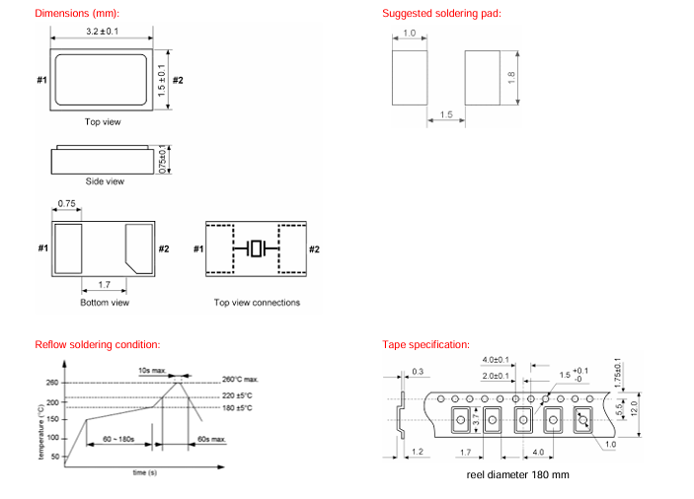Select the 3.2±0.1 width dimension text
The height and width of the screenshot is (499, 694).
click(x=103, y=33)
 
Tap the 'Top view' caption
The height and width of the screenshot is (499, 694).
click(x=104, y=121)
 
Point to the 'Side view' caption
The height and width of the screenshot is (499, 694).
click(x=104, y=181)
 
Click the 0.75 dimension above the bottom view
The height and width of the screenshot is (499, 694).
click(x=68, y=203)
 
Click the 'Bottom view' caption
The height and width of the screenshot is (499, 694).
click(x=105, y=303)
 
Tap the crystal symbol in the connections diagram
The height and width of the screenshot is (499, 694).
click(x=258, y=249)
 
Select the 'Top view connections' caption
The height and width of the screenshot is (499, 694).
click(x=257, y=303)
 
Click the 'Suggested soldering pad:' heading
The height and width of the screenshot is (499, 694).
click(x=441, y=14)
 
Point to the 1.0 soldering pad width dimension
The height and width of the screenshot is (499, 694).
click(x=409, y=35)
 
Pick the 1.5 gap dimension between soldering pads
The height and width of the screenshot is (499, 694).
click(x=445, y=115)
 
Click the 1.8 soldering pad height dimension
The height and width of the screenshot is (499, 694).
click(x=511, y=77)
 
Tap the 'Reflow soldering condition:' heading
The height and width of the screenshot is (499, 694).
click(x=97, y=344)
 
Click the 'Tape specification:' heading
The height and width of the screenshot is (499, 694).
click(x=425, y=344)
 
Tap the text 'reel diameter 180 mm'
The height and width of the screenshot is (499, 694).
click(x=518, y=474)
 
